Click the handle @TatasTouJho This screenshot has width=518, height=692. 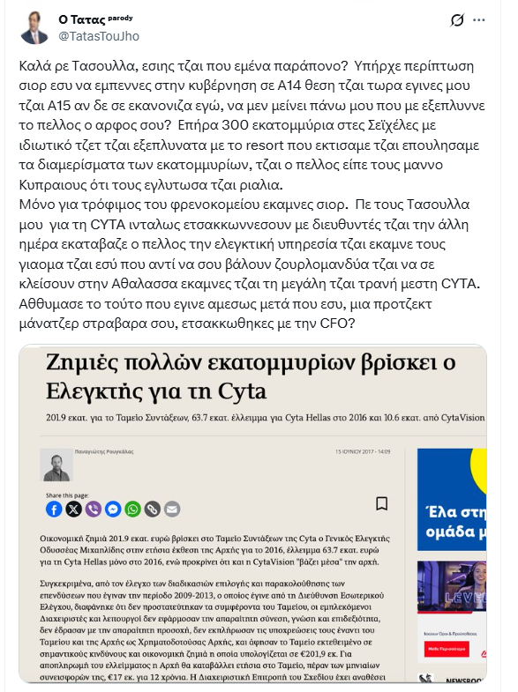[x=99, y=36]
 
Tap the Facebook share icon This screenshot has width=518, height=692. [x=54, y=509]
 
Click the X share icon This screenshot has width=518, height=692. [x=73, y=509]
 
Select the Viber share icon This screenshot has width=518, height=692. [x=93, y=509]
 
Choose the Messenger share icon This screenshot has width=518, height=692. [x=113, y=509]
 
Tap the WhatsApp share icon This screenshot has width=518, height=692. [x=132, y=509]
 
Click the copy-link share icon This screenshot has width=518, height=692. [x=152, y=509]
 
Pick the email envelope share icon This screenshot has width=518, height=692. [x=171, y=509]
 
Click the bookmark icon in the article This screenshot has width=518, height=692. [x=382, y=503]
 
